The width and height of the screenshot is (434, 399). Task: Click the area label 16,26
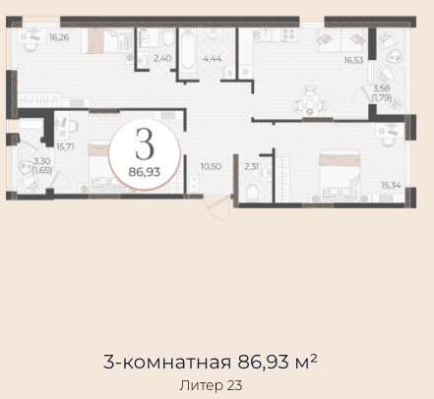(x=59, y=37)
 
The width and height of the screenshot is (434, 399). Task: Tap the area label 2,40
(x=162, y=58)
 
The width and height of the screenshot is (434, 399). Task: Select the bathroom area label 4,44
(x=213, y=59)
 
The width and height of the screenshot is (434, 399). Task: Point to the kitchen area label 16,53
(x=353, y=60)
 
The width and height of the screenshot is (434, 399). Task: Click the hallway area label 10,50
(x=211, y=166)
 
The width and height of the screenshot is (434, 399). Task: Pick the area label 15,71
(x=65, y=146)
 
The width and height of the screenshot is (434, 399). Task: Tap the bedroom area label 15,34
(x=391, y=185)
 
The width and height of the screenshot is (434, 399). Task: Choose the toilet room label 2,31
(x=252, y=166)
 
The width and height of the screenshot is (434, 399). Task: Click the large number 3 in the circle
(x=145, y=143)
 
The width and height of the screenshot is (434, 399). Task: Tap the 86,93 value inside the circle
(x=145, y=172)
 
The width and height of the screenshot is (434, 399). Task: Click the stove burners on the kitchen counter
(x=288, y=34)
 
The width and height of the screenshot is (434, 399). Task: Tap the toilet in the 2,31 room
(x=253, y=193)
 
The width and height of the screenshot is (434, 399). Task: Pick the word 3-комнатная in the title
(x=167, y=362)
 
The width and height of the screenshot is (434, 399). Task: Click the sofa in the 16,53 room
(x=341, y=40)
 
